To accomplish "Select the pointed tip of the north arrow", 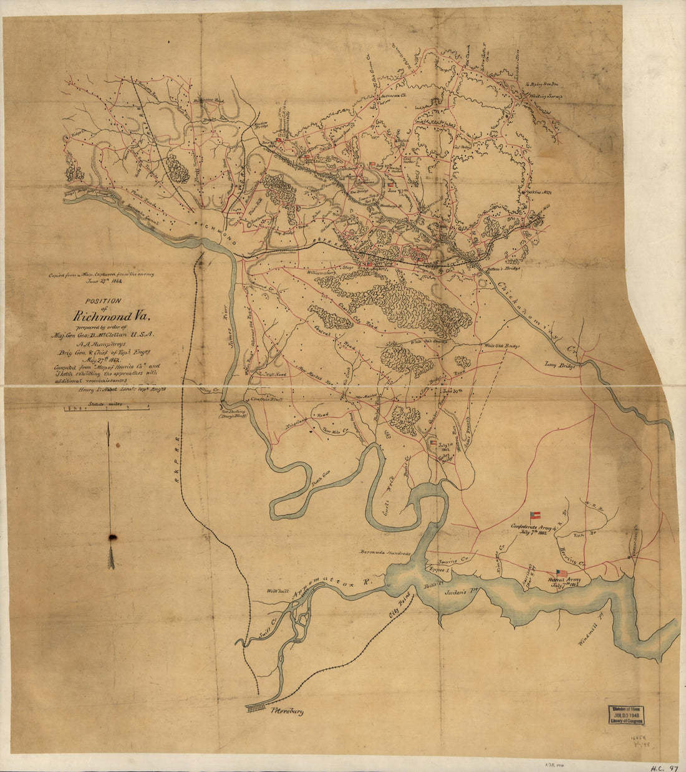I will point(109,425).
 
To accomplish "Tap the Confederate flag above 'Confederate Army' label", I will point(534,516).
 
